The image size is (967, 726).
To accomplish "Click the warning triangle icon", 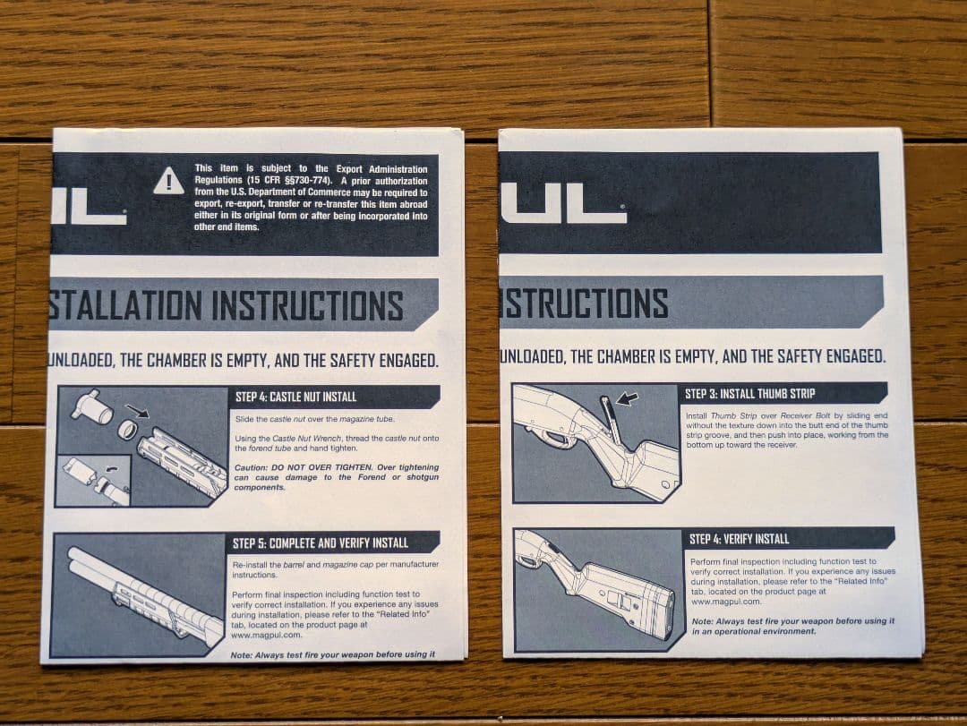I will [168, 181].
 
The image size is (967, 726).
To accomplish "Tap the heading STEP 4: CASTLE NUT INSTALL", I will [295, 397].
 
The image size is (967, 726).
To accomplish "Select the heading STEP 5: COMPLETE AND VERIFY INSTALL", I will [320, 542].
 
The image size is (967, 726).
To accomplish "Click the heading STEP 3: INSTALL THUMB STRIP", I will [749, 393].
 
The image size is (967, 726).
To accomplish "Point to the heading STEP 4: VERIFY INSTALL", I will [739, 539].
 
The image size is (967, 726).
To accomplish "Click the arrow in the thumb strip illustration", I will [628, 398].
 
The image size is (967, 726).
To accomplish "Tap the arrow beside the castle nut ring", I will [137, 411].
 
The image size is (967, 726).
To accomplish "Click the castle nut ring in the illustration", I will [127, 430].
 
